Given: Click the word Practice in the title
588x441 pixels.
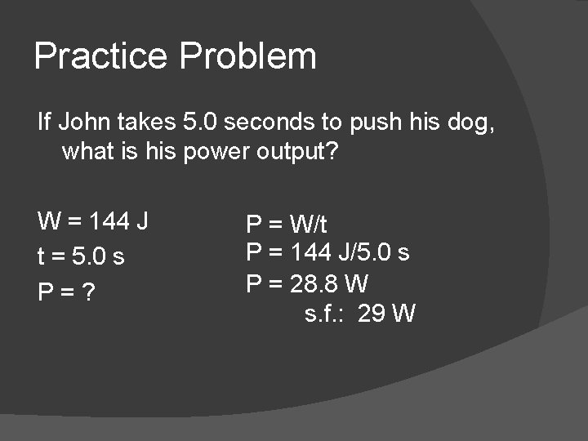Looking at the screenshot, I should pos(101,56).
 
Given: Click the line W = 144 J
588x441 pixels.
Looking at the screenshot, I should pos(92,221).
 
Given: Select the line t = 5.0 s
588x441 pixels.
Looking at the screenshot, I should pos(81,256).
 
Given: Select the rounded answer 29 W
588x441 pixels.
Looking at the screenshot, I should pos(387,314).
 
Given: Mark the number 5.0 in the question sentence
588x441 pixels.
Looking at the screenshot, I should pos(200,122).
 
